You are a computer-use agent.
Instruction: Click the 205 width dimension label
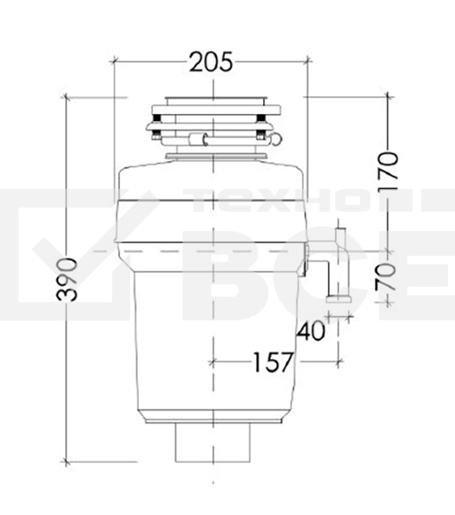click(211, 62)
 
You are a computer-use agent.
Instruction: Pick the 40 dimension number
click(313, 330)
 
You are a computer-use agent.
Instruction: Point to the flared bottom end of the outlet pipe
click(337, 299)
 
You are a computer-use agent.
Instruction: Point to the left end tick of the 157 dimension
click(211, 362)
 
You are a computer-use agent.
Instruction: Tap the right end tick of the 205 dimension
click(307, 62)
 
